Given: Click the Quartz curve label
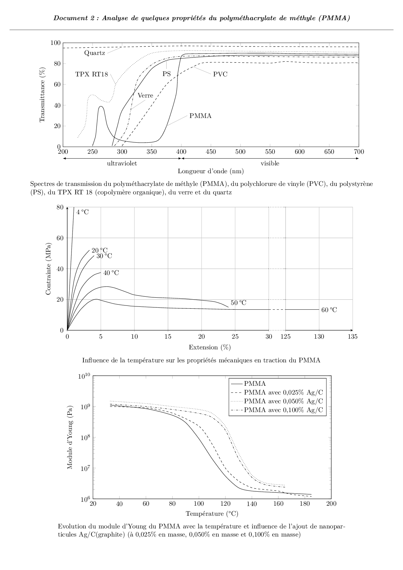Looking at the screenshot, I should point(95,53).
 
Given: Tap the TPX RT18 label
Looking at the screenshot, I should point(91,74).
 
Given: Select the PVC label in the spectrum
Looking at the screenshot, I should point(220,74).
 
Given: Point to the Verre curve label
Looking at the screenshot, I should point(145,96).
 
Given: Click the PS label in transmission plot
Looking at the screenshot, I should point(166,74).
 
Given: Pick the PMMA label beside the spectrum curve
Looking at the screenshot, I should point(200,116).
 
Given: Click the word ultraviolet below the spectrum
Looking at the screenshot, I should point(122,163).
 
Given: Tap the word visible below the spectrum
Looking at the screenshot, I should point(270,163).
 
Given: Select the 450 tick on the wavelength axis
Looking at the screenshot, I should point(211,152).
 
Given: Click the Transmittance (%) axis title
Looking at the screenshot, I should point(42,95).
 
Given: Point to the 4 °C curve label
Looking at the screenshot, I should point(82,212).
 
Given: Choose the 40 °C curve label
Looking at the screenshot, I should point(111,273).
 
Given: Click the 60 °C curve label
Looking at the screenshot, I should point(329,310).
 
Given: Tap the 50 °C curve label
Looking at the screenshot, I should point(238,303).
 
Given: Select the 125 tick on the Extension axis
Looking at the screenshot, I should point(285,337).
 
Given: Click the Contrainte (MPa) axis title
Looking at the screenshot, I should point(48,268).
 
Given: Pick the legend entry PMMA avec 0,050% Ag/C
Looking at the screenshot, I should point(283,401).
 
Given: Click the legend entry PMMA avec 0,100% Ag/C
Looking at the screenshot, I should point(283,410).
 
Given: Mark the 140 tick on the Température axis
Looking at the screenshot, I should point(252,504).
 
